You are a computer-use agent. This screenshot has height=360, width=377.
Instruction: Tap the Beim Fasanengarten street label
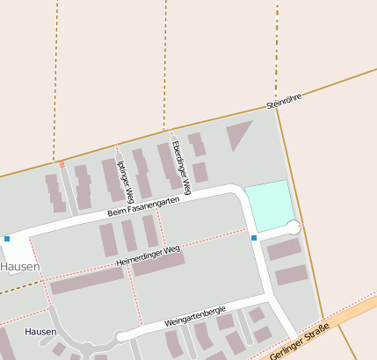[143, 206]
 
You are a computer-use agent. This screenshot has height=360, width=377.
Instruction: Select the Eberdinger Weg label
[180, 167]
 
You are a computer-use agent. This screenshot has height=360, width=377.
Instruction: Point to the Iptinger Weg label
[125, 177]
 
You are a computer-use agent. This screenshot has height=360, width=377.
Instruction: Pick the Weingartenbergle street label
[195, 316]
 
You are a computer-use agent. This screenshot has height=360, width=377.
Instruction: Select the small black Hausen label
[40, 332]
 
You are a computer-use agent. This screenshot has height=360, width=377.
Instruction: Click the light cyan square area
[268, 207]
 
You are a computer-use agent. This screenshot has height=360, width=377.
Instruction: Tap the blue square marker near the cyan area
[254, 238]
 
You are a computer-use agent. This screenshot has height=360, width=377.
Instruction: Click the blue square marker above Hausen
[7, 238]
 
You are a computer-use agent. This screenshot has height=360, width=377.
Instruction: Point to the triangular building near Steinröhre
[237, 133]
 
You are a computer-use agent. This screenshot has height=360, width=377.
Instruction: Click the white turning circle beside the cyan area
[294, 227]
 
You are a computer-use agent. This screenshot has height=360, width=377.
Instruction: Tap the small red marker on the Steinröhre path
[62, 163]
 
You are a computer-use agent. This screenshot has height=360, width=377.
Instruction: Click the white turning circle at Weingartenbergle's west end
[121, 335]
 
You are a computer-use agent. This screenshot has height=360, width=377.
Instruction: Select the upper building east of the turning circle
[284, 249]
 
